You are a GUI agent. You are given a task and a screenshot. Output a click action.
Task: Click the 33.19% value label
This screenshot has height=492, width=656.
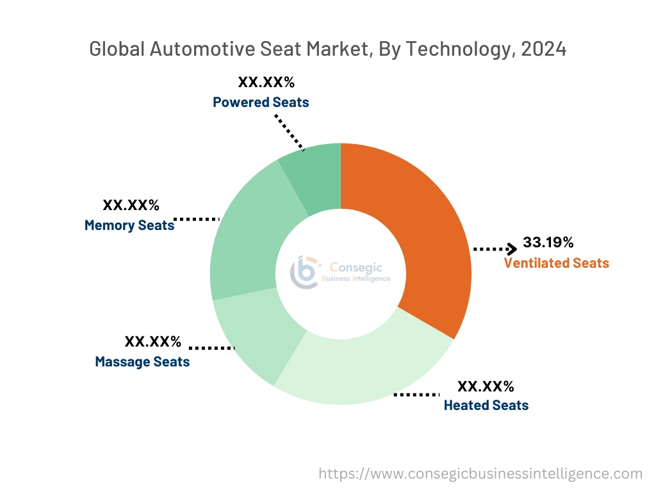[x=548, y=242]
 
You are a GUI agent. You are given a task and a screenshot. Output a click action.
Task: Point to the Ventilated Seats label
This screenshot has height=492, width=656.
[x=556, y=263]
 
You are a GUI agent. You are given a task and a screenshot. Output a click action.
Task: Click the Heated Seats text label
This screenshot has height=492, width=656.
[x=486, y=405]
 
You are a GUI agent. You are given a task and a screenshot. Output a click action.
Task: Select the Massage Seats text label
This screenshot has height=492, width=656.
[x=142, y=361]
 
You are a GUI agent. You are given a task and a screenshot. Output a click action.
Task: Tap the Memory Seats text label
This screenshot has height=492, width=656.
[x=129, y=225]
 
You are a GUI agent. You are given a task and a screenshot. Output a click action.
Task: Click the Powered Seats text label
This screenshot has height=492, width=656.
[x=261, y=102]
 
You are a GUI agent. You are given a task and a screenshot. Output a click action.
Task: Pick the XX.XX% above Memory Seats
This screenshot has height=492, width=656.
[x=131, y=205]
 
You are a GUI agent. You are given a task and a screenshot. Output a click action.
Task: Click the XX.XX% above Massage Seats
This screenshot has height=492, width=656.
[x=152, y=341]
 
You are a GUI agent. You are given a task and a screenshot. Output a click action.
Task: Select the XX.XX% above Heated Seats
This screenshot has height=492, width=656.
[x=485, y=386]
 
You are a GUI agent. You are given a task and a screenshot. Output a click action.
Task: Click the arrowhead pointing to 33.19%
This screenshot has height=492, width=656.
[x=512, y=249]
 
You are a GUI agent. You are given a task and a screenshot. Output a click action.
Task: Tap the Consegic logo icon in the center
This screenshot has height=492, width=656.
[x=305, y=272]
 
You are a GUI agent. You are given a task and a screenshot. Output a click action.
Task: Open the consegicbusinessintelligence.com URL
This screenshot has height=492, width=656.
[x=480, y=473]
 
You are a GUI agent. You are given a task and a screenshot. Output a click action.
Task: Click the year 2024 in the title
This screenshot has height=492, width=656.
[x=545, y=49]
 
